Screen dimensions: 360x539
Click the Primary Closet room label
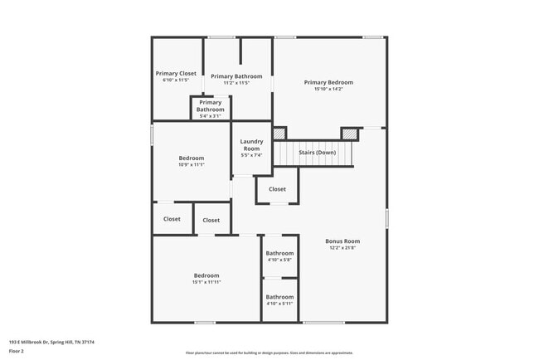point(176,73)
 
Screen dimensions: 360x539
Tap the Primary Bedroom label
point(328,82)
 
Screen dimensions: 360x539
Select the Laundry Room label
point(251,145)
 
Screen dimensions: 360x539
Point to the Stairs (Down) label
point(318,152)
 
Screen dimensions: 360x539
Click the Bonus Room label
point(342,241)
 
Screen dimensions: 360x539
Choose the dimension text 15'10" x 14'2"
point(328,90)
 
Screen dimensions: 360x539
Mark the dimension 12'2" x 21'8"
point(342,248)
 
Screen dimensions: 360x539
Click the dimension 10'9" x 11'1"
point(191,165)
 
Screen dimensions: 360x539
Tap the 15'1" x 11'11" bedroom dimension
point(206,282)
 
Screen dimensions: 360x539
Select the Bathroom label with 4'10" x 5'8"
point(279,253)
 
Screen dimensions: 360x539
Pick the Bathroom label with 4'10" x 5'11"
point(279,297)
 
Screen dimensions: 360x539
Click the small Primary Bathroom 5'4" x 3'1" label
point(211,106)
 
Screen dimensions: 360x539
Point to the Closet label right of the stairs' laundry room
point(277,189)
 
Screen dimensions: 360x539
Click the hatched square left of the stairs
point(279,133)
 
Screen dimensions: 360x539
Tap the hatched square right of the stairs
point(352,133)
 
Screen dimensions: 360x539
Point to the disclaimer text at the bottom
point(269,353)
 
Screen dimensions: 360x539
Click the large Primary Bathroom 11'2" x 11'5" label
point(236,76)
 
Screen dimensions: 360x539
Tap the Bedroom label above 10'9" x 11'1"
point(191,158)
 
